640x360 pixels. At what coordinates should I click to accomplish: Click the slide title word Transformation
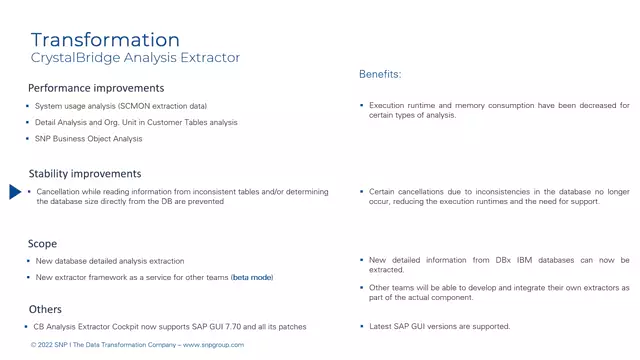[105, 40]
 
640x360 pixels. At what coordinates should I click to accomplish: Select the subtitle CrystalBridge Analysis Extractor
[135, 58]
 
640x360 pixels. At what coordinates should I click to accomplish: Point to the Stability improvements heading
[85, 174]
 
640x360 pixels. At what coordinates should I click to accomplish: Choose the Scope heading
[43, 243]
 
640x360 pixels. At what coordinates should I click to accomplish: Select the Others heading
[45, 310]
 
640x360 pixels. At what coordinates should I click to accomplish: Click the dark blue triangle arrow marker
[15, 192]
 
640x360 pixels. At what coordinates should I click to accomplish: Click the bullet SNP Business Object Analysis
[89, 139]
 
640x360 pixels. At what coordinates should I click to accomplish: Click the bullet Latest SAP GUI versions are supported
[440, 327]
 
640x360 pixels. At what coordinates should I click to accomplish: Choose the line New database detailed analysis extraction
[110, 261]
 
